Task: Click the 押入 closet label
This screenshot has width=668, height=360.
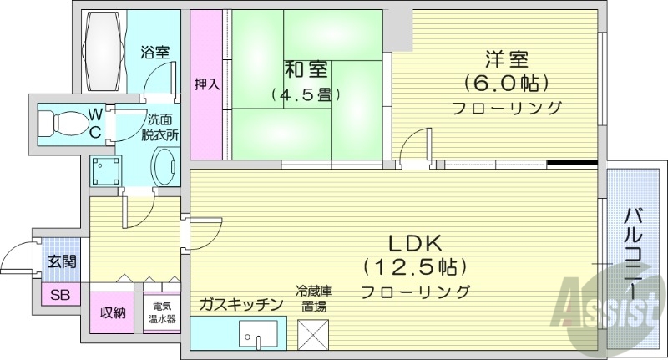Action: click(206, 84)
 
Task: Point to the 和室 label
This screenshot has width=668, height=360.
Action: click(299, 66)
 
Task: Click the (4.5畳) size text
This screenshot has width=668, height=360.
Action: click(300, 95)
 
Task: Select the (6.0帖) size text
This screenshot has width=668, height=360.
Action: click(506, 84)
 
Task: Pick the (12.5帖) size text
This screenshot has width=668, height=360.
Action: click(414, 267)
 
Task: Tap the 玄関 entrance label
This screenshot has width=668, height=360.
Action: click(61, 261)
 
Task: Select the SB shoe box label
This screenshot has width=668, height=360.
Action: click(60, 295)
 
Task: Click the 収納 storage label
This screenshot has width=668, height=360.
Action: click(114, 314)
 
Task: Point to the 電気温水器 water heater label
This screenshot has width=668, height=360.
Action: click(161, 313)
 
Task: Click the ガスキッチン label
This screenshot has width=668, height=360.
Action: click(241, 304)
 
